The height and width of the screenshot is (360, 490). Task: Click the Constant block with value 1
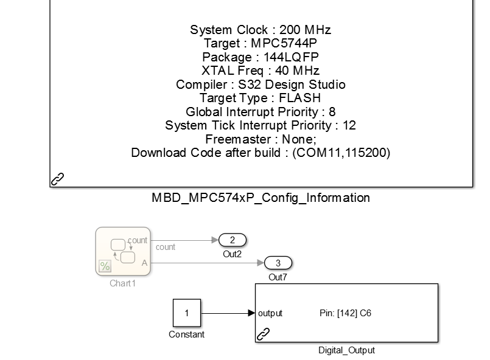pos(186,313)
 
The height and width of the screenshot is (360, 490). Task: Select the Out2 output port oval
pos(233,240)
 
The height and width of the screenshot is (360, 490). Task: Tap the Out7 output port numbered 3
pos(278,263)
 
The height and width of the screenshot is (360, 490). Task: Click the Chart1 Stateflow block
pos(123,251)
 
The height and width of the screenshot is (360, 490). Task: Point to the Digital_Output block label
pos(346,350)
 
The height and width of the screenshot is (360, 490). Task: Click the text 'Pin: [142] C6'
pos(345,314)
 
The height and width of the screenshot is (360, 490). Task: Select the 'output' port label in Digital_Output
pos(270,314)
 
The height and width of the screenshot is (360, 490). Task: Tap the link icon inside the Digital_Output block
pos(264,333)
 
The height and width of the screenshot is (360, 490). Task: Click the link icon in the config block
pos(57,179)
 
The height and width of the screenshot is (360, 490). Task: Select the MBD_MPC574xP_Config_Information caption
pos(261,198)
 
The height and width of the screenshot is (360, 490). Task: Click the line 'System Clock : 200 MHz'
pos(261,30)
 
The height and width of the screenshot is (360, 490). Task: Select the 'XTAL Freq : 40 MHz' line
pos(261,71)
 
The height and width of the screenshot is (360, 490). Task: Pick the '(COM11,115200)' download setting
pos(341,153)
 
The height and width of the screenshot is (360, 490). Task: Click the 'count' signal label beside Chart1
pos(166,247)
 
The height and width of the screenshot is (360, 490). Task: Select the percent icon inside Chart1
pos(104,266)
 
